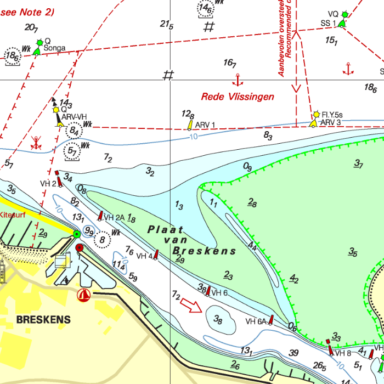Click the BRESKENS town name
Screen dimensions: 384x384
(x=43, y=319)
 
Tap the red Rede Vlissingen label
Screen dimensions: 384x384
(x=237, y=97)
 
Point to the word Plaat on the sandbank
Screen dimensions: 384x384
(x=165, y=230)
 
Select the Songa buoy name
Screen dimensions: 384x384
(x=54, y=48)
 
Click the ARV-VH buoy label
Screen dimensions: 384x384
(x=74, y=117)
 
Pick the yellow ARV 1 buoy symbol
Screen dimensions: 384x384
(x=190, y=125)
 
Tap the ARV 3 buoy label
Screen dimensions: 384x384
(x=331, y=122)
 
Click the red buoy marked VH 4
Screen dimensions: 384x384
(x=156, y=254)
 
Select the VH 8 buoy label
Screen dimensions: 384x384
(x=343, y=353)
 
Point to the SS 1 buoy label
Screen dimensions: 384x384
(x=328, y=23)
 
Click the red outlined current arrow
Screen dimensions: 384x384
(x=191, y=305)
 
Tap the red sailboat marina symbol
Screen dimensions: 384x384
(x=84, y=295)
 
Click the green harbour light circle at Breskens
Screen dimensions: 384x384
(x=77, y=235)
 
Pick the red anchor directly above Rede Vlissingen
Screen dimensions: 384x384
(x=238, y=80)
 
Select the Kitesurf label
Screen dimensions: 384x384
(x=9, y=215)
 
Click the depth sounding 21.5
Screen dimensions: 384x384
(x=167, y=25)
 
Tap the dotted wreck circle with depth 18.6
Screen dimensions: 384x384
(x=13, y=56)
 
